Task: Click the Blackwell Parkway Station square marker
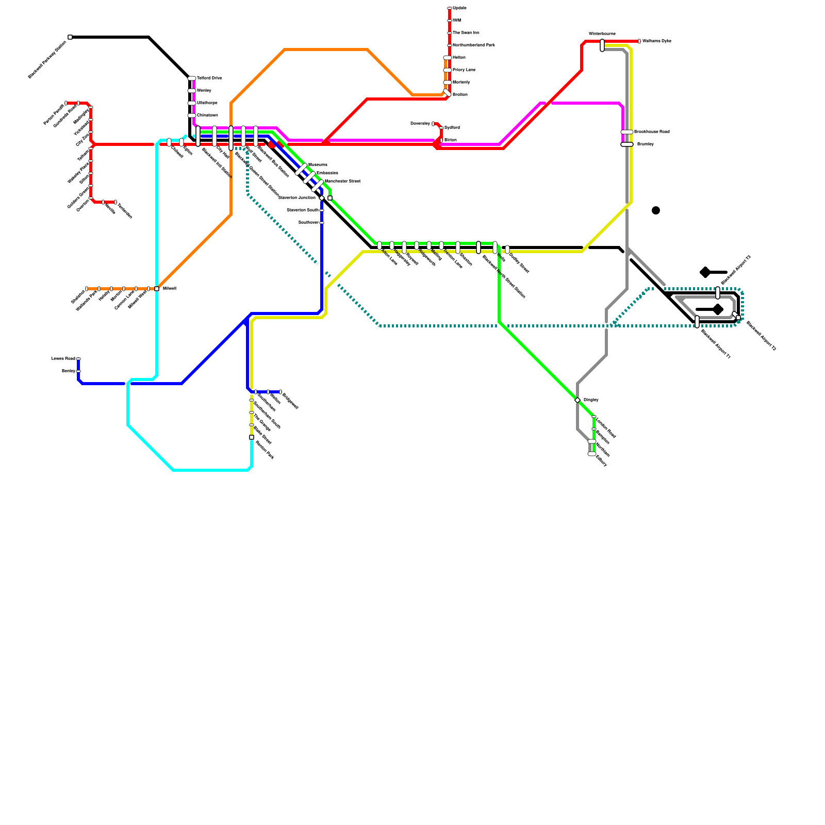click(70, 37)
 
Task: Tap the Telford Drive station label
click(209, 78)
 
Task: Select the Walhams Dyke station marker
click(639, 41)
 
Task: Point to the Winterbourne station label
click(602, 34)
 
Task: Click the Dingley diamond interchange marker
click(577, 400)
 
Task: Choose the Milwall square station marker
click(157, 289)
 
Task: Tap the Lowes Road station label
click(63, 358)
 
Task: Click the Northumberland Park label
click(473, 45)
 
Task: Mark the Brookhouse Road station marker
click(626, 132)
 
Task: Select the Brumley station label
click(645, 144)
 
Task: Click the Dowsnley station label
click(420, 124)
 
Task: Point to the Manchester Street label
click(342, 181)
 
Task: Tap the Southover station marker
click(322, 223)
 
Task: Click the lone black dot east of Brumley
click(656, 210)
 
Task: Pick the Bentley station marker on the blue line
click(78, 371)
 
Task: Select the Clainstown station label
click(207, 115)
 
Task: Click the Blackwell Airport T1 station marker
click(697, 322)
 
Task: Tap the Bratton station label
click(460, 95)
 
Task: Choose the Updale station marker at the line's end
click(450, 8)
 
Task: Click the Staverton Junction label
click(296, 197)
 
